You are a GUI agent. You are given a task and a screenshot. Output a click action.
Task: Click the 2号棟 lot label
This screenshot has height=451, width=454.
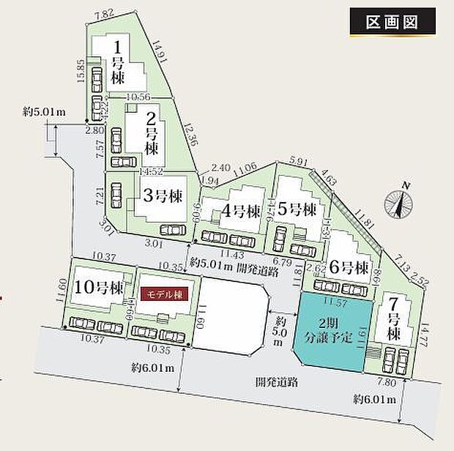(151, 133)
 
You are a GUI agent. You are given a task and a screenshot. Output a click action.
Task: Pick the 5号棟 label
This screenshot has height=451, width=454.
(297, 211)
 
